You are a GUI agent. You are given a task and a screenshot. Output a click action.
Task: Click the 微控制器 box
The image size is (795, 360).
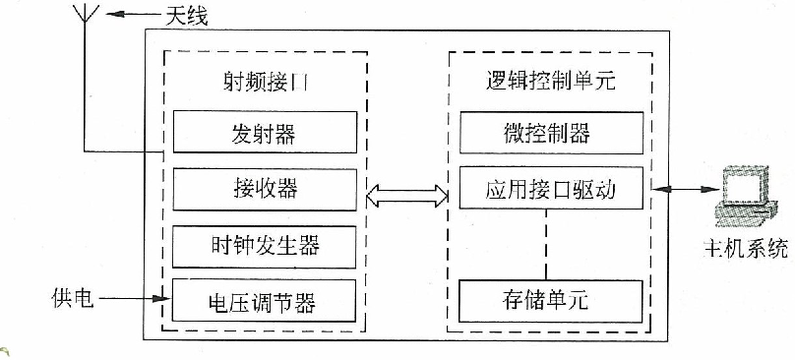pyautogui.click(x=551, y=132)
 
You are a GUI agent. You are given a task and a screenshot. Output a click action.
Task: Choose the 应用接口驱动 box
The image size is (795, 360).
pyautogui.click(x=551, y=188)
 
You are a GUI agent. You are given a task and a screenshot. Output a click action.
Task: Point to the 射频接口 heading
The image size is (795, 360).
pyautogui.click(x=265, y=82)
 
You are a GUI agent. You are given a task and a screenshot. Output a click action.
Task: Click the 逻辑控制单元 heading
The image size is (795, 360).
pyautogui.click(x=551, y=82)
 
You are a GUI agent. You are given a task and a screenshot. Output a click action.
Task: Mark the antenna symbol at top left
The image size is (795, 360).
pyautogui.click(x=85, y=22)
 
